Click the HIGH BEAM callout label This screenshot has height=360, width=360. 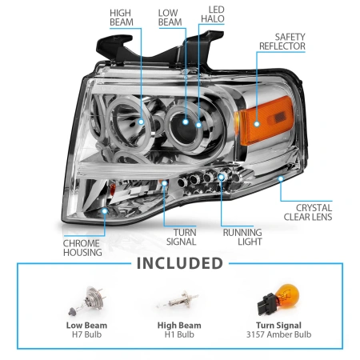[122, 18]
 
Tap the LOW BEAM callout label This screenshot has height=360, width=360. [170, 18]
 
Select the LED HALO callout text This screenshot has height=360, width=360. [213, 14]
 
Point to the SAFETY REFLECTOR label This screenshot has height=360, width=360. [282, 42]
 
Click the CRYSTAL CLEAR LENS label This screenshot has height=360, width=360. [308, 212]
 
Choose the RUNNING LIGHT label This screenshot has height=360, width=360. [242, 237]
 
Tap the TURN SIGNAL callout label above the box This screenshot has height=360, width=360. [182, 237]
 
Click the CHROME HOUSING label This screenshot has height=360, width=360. [82, 248]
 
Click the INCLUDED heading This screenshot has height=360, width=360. [180, 263]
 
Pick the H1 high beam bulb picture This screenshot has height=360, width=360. [178, 300]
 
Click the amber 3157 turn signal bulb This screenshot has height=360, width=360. [278, 299]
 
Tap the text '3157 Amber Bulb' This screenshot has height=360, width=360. [278, 334]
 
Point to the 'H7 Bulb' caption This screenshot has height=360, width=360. [86, 334]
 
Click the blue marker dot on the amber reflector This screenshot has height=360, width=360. [257, 124]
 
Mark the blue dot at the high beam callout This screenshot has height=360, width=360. [141, 122]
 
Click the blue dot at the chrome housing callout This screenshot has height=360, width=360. [105, 211]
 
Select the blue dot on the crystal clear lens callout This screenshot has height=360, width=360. [281, 178]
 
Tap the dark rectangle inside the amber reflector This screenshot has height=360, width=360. [279, 117]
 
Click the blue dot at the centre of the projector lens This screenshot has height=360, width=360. [186, 122]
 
